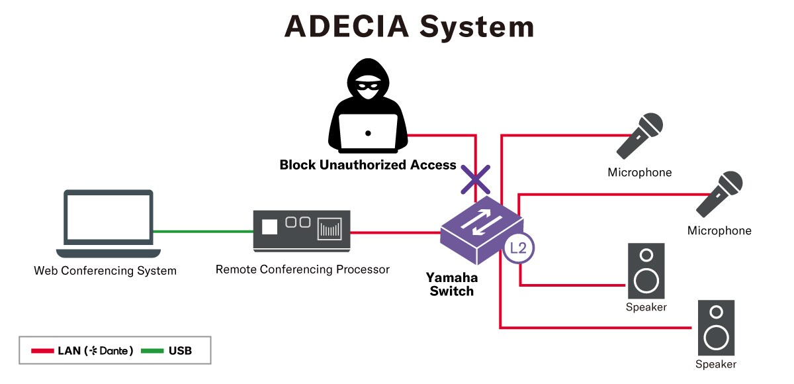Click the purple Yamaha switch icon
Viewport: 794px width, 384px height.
click(478, 229)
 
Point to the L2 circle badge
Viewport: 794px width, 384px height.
click(518, 249)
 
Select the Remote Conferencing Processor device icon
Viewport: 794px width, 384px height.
click(301, 230)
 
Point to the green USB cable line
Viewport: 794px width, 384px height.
click(202, 232)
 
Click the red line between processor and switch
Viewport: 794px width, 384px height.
click(394, 232)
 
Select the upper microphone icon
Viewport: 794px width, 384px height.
click(640, 135)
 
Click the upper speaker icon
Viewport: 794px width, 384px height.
click(646, 271)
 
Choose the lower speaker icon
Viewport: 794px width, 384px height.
click(715, 328)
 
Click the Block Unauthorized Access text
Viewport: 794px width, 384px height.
click(368, 165)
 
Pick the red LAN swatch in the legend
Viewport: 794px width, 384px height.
click(42, 351)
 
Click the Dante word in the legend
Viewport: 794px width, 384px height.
click(114, 351)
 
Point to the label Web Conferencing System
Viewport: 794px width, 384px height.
click(105, 271)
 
